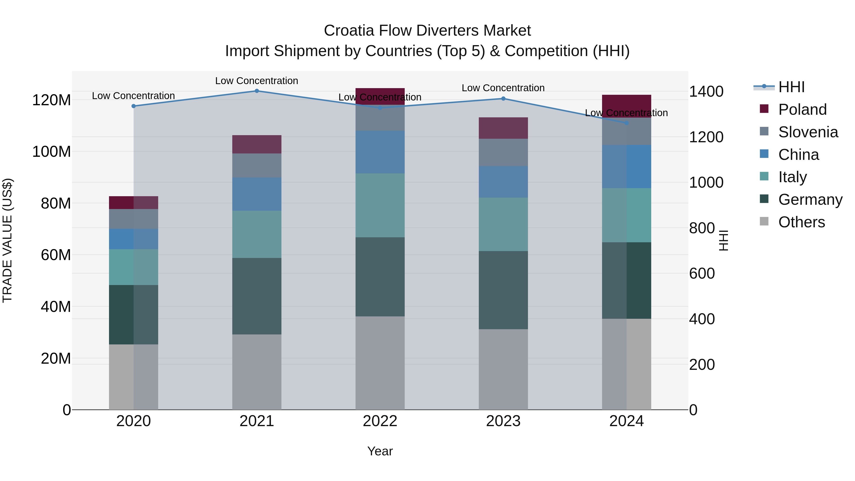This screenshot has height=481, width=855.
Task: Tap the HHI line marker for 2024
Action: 626,123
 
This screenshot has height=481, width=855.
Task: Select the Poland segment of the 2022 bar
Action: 380,96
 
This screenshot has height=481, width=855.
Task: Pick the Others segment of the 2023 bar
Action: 503,369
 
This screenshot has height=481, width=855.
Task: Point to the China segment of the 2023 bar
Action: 503,182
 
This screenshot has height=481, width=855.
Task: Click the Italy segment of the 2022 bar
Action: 380,205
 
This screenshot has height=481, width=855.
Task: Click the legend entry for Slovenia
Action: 808,132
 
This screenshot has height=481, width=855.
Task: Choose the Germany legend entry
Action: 810,200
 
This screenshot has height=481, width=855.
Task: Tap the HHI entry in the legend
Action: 791,87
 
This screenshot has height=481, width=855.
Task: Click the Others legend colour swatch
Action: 764,221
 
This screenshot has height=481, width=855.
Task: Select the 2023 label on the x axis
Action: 503,421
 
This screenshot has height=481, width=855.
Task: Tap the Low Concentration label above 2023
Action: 503,88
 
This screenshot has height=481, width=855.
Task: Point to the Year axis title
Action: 380,451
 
